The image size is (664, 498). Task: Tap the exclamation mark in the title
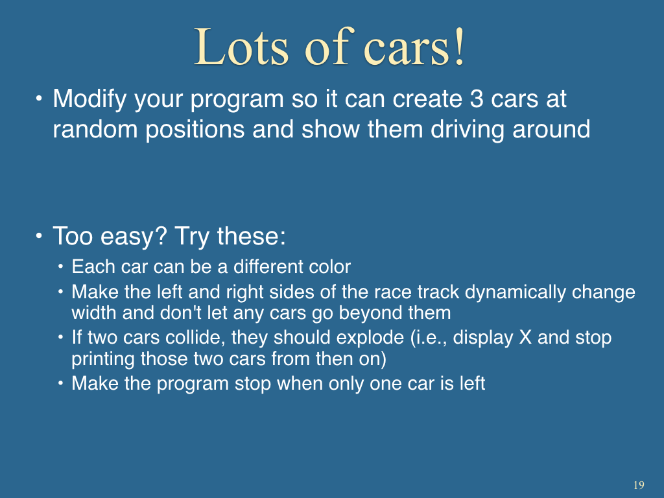460,47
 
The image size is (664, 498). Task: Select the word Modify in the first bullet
89,100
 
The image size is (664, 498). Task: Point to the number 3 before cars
477,99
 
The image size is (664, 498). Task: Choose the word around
551,129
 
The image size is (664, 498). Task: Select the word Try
192,237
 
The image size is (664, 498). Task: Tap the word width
93,313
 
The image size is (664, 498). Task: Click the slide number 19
639,485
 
